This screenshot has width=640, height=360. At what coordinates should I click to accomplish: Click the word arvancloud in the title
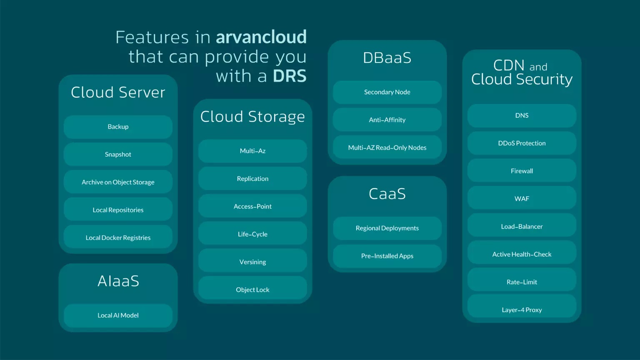(x=261, y=37)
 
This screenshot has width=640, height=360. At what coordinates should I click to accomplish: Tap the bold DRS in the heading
(x=290, y=76)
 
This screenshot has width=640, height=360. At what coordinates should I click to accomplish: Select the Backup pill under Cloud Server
(x=118, y=127)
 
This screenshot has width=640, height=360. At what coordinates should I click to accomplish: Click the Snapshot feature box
(x=118, y=155)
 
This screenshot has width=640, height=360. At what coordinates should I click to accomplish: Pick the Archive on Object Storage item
(x=118, y=182)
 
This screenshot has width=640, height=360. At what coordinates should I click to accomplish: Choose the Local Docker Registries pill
(x=118, y=238)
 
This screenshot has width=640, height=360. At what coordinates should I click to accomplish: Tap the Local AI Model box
(x=118, y=315)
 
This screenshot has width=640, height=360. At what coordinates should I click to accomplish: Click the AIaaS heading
(x=118, y=281)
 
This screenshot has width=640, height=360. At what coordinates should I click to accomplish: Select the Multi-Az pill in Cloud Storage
(x=252, y=151)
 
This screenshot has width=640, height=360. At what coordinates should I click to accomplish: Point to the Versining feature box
(x=252, y=262)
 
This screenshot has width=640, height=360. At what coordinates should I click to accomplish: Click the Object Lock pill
(x=252, y=290)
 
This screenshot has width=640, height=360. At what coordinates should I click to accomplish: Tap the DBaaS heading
(x=387, y=58)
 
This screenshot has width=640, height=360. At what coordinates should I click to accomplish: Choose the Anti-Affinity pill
(x=387, y=120)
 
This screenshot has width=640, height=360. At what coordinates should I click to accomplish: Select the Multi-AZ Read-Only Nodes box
(x=387, y=148)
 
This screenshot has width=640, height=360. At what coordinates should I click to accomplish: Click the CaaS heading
(x=387, y=194)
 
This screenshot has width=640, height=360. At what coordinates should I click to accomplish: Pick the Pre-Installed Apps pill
(x=387, y=256)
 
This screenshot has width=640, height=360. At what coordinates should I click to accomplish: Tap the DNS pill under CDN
(x=522, y=116)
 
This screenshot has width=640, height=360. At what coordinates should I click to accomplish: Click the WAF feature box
(x=522, y=199)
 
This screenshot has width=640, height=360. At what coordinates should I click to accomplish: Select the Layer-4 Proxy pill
(x=522, y=310)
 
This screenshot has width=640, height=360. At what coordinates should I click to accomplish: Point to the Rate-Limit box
(x=522, y=282)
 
